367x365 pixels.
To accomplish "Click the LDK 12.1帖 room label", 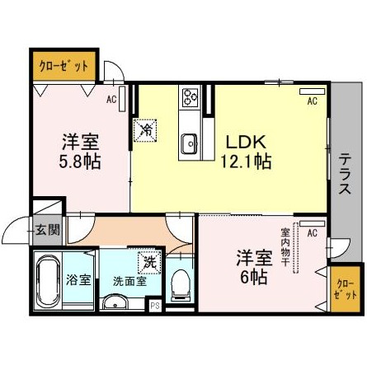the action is coord(247,152).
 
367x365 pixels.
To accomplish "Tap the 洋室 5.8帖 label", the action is coord(80,151).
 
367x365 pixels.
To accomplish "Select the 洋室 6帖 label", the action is coord(254,267).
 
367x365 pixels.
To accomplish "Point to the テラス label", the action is coord(345,174).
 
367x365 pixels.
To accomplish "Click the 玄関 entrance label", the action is coord(49,230).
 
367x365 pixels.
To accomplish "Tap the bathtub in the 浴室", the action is coord(48,282).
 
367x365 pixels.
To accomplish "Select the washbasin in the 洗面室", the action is coord(115,303).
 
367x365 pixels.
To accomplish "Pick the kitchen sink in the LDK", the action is coord(189,144).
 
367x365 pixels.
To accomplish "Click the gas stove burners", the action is coord(191,97).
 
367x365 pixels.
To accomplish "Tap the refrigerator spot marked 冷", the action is coord(145,130).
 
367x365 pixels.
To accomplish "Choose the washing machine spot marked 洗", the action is coord(149,263).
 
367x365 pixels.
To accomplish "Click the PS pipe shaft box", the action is coord(155,306).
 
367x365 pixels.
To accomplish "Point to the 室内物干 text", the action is coord(285,246).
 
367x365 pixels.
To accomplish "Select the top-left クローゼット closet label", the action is coord(64,66).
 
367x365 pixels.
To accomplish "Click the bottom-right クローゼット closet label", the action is coord(346,289).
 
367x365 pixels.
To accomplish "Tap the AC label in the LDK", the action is coord(313,101).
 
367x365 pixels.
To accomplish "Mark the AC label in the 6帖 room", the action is coord(313,233).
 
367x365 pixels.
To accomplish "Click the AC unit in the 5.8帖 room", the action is coord(122,99).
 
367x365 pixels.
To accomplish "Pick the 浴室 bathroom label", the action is coord(78,280).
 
